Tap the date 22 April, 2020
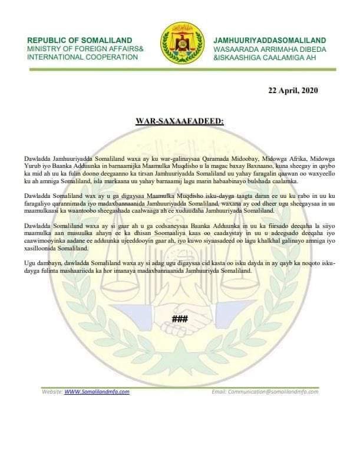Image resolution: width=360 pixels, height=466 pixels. click(x=292, y=90)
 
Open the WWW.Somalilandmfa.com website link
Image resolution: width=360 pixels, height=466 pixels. click(x=97, y=391)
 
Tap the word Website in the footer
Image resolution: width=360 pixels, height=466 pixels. click(x=51, y=391)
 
